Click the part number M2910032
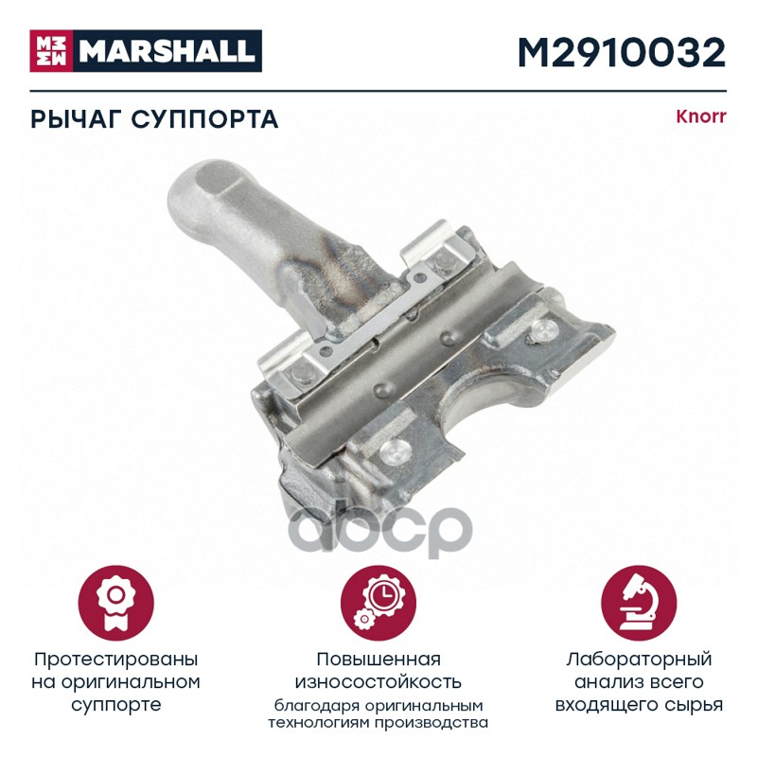tap(622, 52)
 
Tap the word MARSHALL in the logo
tap(167, 51)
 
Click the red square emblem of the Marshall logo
tap(51, 51)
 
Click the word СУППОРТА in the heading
tap(204, 119)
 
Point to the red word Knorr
tap(700, 116)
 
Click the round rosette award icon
tap(115, 604)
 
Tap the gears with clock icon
tap(378, 604)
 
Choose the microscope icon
tap(639, 604)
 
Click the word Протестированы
tap(115, 660)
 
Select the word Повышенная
tap(378, 659)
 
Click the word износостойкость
tap(378, 682)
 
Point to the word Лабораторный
tap(639, 660)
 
